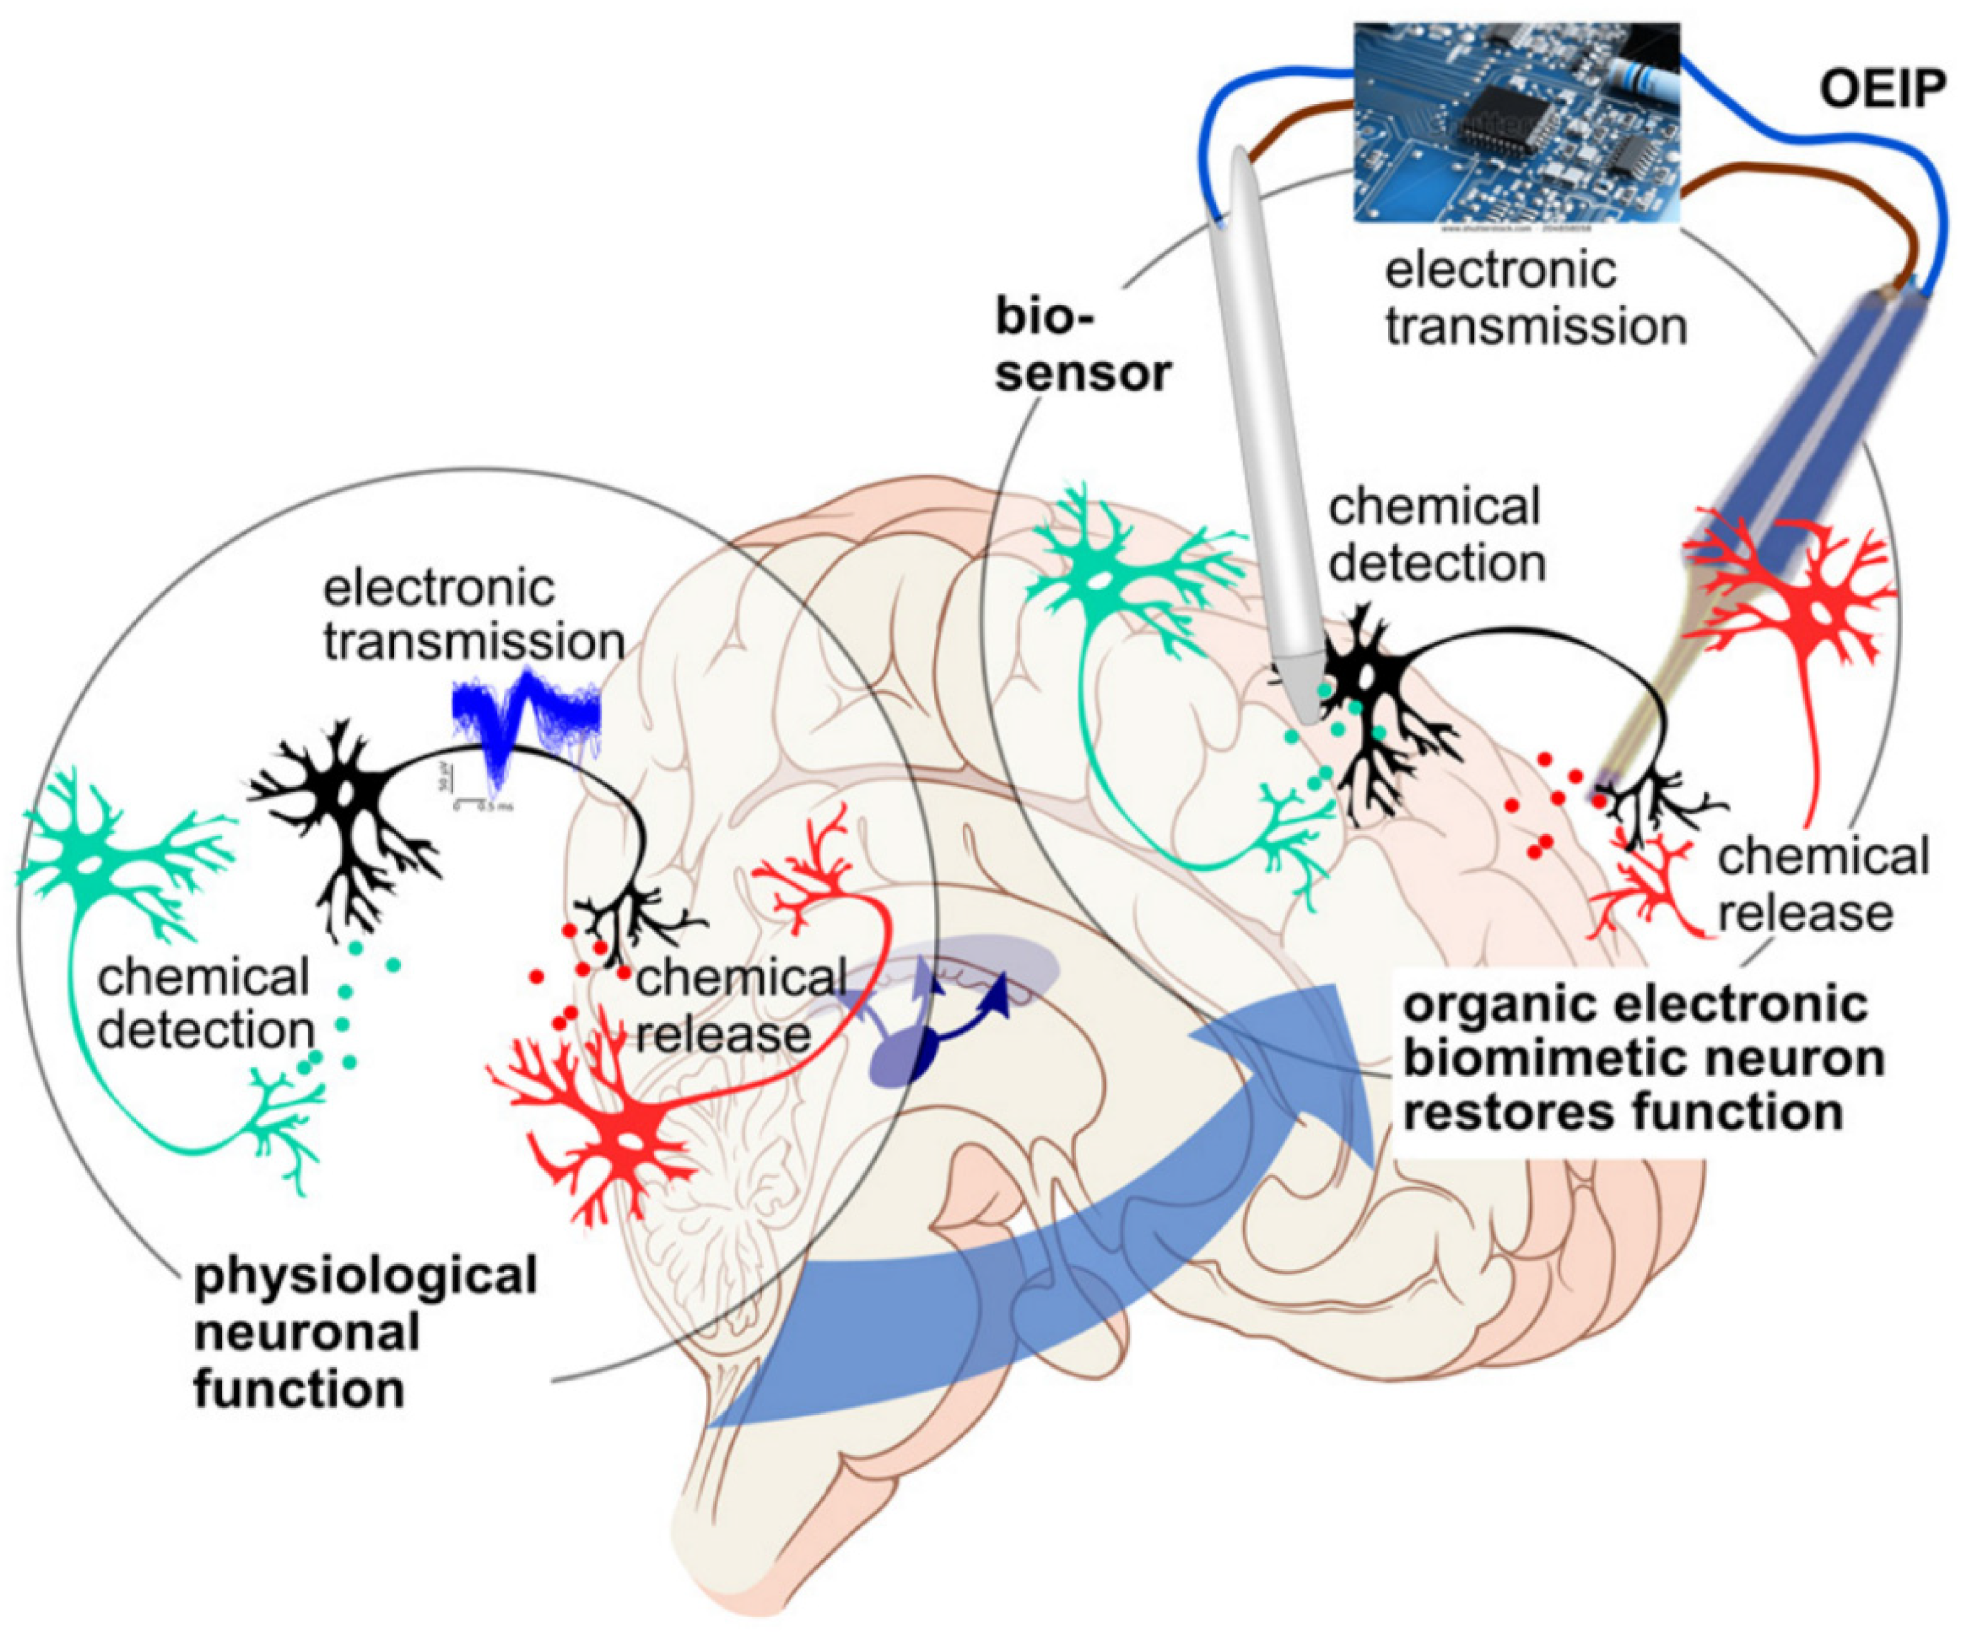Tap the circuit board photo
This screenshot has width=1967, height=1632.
1517,122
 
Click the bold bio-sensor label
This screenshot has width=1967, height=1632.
1082,347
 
